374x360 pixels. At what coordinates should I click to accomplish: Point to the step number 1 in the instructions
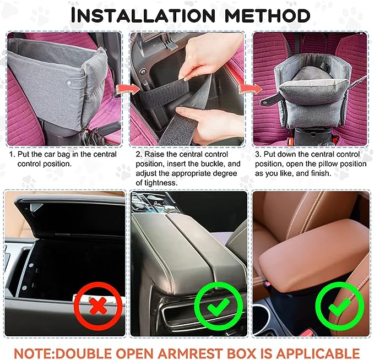[x=11, y=155]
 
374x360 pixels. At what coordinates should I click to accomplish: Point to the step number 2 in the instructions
[x=138, y=155]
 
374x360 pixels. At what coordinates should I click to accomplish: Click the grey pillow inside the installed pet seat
[x=311, y=75]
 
